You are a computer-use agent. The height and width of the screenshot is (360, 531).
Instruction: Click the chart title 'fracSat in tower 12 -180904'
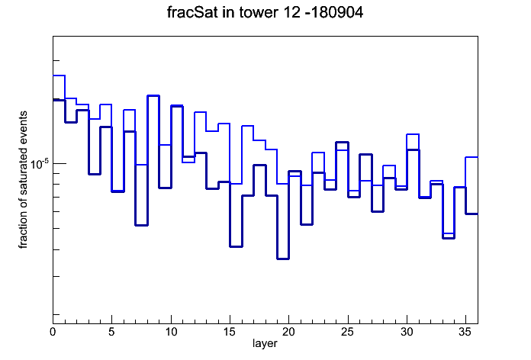tap(265, 12)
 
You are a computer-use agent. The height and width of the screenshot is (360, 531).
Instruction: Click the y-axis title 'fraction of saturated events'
tap(23, 180)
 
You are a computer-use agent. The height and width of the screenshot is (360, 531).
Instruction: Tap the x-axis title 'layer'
tap(265, 343)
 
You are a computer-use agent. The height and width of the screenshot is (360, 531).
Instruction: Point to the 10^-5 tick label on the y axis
tap(40, 164)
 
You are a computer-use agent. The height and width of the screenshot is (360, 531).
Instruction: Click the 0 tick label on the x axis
tap(53, 332)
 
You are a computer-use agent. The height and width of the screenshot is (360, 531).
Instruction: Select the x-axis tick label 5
tap(111, 332)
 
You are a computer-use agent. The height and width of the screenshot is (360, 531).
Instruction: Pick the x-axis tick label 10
tap(171, 332)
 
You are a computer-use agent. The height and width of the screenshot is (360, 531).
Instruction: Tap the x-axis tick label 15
tap(230, 332)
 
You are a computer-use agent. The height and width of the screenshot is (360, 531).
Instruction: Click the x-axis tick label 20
tap(288, 332)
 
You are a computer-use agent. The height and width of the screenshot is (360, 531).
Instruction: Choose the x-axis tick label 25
tap(348, 332)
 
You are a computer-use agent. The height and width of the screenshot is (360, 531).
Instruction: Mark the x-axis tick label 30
tap(407, 332)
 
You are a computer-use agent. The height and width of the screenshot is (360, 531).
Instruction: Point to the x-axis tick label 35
tap(465, 332)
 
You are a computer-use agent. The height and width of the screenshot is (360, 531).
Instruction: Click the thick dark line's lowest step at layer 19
tap(283, 259)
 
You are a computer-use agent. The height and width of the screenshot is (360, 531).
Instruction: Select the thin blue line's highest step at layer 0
tap(59, 76)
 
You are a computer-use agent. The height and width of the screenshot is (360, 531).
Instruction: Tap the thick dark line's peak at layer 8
tap(153, 96)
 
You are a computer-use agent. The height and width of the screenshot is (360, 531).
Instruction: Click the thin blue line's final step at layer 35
tap(471, 157)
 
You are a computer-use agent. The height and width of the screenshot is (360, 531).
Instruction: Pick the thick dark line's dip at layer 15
tap(236, 246)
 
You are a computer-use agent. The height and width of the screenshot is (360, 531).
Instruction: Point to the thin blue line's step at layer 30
tap(413, 134)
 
